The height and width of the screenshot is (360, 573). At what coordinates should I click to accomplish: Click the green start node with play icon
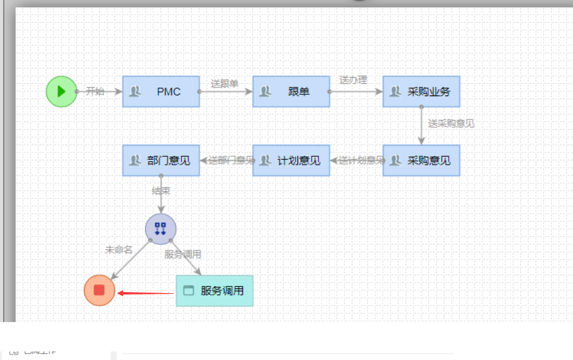tap(61, 91)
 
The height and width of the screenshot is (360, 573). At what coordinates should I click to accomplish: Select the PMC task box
tap(161, 92)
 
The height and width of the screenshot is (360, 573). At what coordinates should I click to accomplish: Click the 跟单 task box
tap(291, 92)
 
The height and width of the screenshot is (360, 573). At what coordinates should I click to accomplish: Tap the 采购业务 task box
tap(421, 92)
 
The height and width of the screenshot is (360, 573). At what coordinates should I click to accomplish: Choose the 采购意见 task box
tap(421, 160)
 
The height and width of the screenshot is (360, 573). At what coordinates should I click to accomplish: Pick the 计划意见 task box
tap(291, 160)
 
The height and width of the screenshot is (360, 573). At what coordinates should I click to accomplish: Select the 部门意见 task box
tap(161, 160)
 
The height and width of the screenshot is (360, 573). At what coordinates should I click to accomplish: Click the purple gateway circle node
tap(160, 229)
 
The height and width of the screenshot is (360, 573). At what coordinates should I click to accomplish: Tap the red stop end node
tap(99, 290)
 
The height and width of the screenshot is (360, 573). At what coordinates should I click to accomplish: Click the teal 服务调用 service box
tap(214, 291)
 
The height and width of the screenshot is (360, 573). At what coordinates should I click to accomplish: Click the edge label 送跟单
tap(225, 84)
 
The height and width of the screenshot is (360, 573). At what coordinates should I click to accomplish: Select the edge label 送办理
tap(353, 80)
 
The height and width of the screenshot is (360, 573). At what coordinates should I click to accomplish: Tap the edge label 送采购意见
tap(451, 123)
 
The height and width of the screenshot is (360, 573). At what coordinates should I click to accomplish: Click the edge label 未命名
tap(119, 250)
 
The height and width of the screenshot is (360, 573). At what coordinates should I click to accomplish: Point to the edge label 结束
tap(161, 191)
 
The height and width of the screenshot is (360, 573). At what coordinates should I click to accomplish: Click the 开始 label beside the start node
tap(95, 91)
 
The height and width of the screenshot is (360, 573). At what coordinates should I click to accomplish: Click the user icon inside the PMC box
tap(135, 92)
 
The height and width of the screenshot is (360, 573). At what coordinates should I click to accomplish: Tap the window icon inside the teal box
tap(189, 291)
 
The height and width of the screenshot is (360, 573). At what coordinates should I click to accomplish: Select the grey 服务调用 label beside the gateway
tap(182, 254)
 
